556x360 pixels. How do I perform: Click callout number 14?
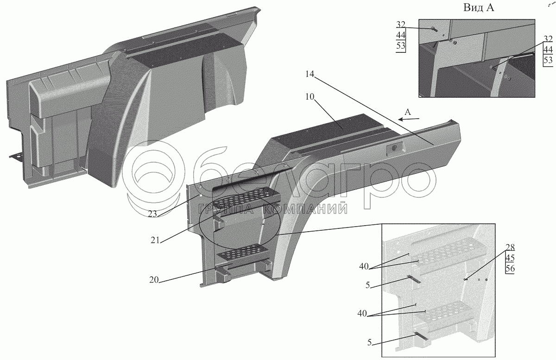pos(310,74)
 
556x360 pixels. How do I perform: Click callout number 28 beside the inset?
pos(510,248)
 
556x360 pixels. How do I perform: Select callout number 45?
pos(510,258)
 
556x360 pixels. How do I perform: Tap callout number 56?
pos(510,268)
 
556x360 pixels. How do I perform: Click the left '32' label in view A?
pos(400,25)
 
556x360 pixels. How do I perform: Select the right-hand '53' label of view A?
pos(548,60)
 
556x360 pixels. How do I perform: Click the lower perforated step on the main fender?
pos(242,253)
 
